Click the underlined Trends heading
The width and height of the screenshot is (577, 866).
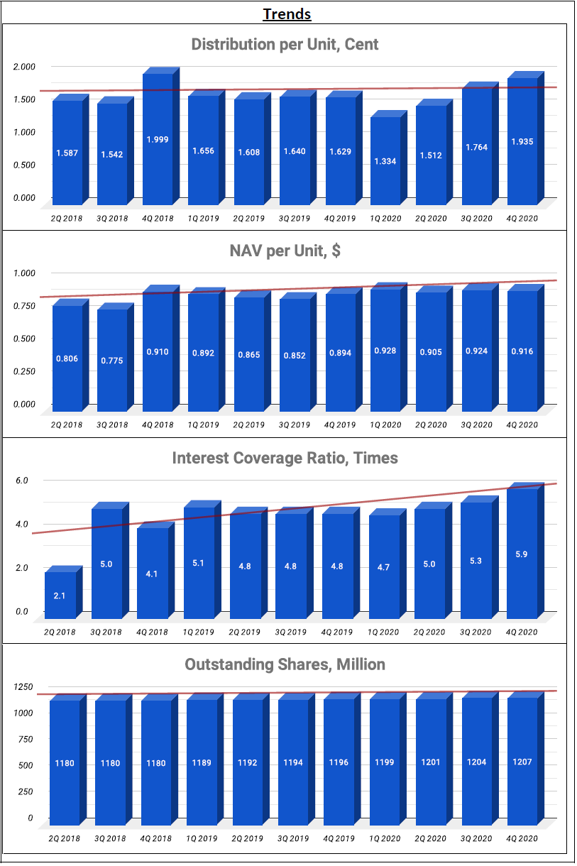pyautogui.click(x=287, y=14)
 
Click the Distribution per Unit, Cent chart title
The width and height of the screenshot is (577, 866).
pyautogui.click(x=285, y=45)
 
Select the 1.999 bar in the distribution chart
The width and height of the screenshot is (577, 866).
pyautogui.click(x=161, y=136)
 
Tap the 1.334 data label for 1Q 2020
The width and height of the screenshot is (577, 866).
pyautogui.click(x=385, y=161)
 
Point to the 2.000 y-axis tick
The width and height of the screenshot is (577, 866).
pyautogui.click(x=24, y=67)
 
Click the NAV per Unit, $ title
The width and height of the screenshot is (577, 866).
pyautogui.click(x=285, y=251)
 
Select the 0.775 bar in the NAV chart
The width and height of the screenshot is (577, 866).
pyautogui.click(x=115, y=357)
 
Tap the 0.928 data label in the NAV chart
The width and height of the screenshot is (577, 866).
pyautogui.click(x=385, y=351)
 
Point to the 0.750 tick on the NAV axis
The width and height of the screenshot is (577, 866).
pyautogui.click(x=24, y=306)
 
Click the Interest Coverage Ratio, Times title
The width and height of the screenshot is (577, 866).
pyautogui.click(x=285, y=458)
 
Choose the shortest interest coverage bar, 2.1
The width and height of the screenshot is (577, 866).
pyautogui.click(x=63, y=592)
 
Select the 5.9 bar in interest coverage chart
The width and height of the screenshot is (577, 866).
pyautogui.click(x=525, y=551)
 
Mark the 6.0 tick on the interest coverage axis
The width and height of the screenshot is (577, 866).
pyautogui.click(x=21, y=480)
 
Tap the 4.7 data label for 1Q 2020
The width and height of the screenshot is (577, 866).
pyautogui.click(x=383, y=567)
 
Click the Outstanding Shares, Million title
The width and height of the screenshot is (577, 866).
pyautogui.click(x=285, y=664)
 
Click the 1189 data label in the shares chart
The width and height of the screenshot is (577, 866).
pyautogui.click(x=202, y=763)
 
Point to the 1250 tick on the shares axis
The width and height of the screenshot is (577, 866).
pyautogui.click(x=23, y=687)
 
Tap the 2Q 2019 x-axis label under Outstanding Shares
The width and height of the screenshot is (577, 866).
pyautogui.click(x=248, y=838)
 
